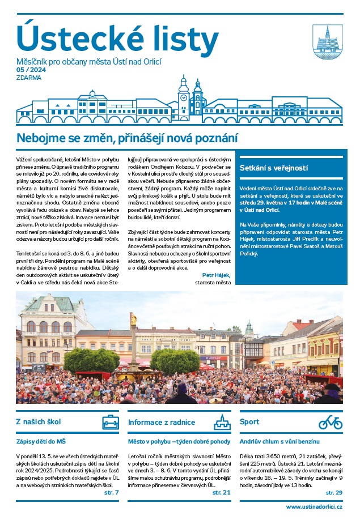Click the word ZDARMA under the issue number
(29, 78)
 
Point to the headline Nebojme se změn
(126, 138)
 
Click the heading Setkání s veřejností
(274, 168)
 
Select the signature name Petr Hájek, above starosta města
(215, 275)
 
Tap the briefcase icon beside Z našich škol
(111, 422)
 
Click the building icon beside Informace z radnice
(222, 422)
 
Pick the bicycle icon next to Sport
(331, 422)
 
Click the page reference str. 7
(112, 492)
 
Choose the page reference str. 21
(222, 492)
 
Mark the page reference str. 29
(335, 492)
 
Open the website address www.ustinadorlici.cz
(314, 506)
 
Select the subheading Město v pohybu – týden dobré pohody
(179, 441)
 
